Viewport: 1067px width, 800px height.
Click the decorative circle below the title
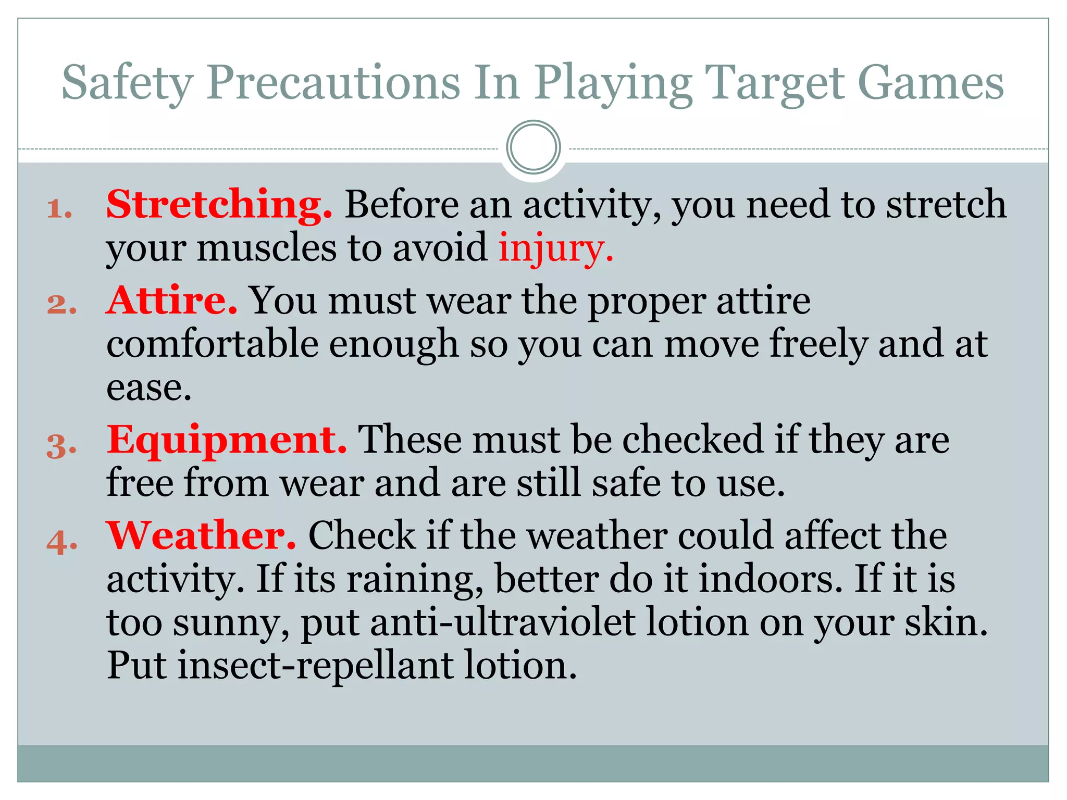coord(533,147)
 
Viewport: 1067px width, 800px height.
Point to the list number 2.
coord(61,304)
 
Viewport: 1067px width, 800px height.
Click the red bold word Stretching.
coord(219,205)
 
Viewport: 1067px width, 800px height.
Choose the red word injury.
coord(555,249)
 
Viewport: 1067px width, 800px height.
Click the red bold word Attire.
coord(172,301)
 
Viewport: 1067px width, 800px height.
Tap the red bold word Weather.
coord(201,536)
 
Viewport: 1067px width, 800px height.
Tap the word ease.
coord(149,389)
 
